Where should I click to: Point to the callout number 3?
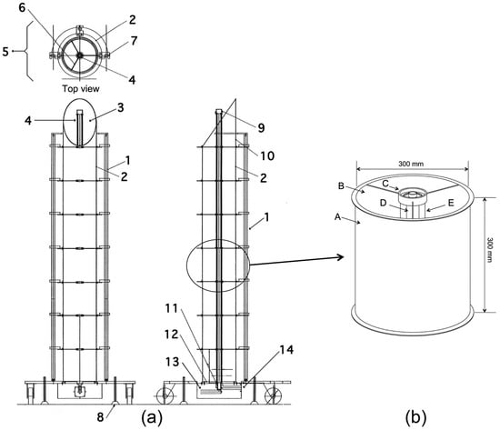pos(119,107)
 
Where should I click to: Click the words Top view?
pos(78,90)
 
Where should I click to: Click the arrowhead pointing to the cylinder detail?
pos(344,257)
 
